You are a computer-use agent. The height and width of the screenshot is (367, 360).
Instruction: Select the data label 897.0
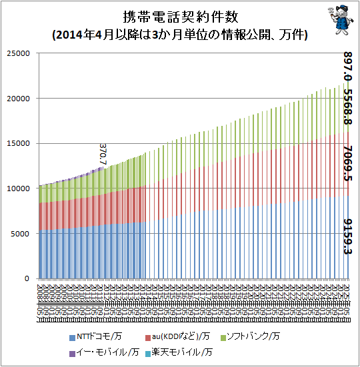348,65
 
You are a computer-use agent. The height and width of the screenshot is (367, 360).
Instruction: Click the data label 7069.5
348,165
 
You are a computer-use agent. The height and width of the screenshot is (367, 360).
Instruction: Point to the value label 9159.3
348,236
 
